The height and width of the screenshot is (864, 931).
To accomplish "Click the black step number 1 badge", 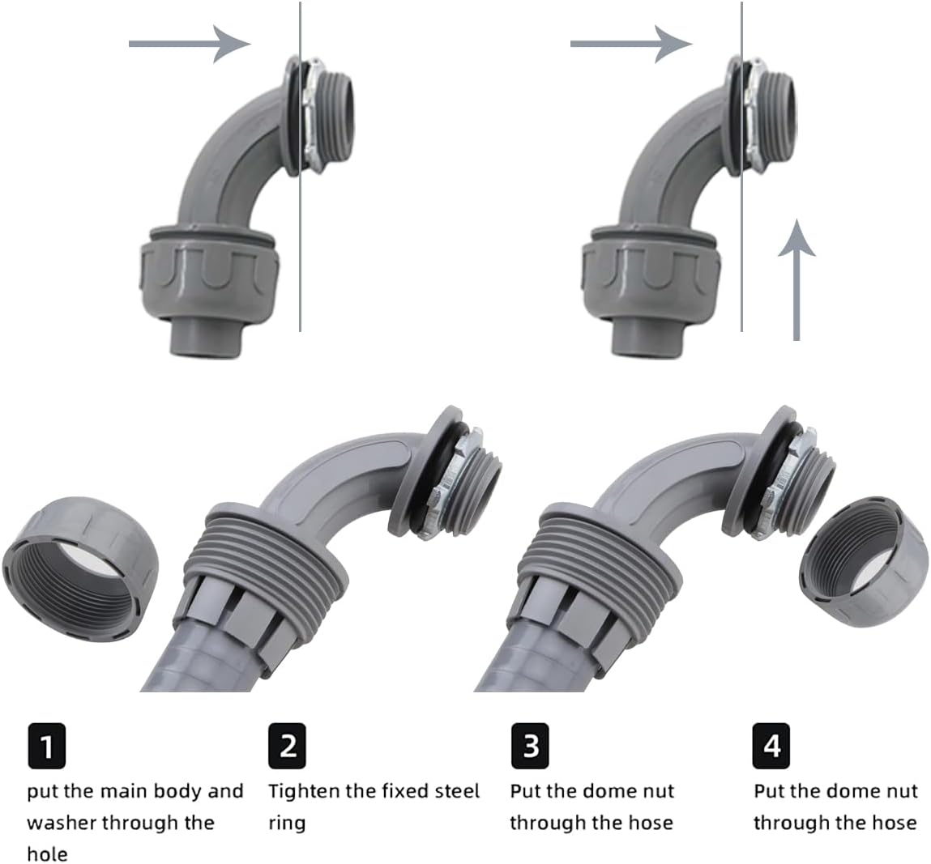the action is point(47,745).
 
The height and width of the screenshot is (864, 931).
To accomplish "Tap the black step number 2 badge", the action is point(288,745).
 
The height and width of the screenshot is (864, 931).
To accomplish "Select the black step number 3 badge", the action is point(530,745).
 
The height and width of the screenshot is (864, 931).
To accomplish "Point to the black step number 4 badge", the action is point(771,745).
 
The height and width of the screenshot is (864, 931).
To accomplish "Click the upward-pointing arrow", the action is point(796,279).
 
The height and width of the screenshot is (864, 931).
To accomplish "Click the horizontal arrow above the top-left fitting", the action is point(190,43).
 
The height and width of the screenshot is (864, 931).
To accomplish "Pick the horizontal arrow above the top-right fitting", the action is point(631,43).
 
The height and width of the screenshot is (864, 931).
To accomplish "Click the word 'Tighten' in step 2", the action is point(304,792).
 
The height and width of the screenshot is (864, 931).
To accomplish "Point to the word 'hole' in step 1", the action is point(47,854).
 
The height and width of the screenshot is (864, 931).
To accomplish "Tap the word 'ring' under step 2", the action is point(287,824).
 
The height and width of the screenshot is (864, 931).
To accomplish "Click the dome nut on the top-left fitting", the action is point(207,272).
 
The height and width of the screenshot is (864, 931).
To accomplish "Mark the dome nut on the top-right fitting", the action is point(650,272).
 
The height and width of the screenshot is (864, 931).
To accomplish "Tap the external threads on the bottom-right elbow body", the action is point(593,563).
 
